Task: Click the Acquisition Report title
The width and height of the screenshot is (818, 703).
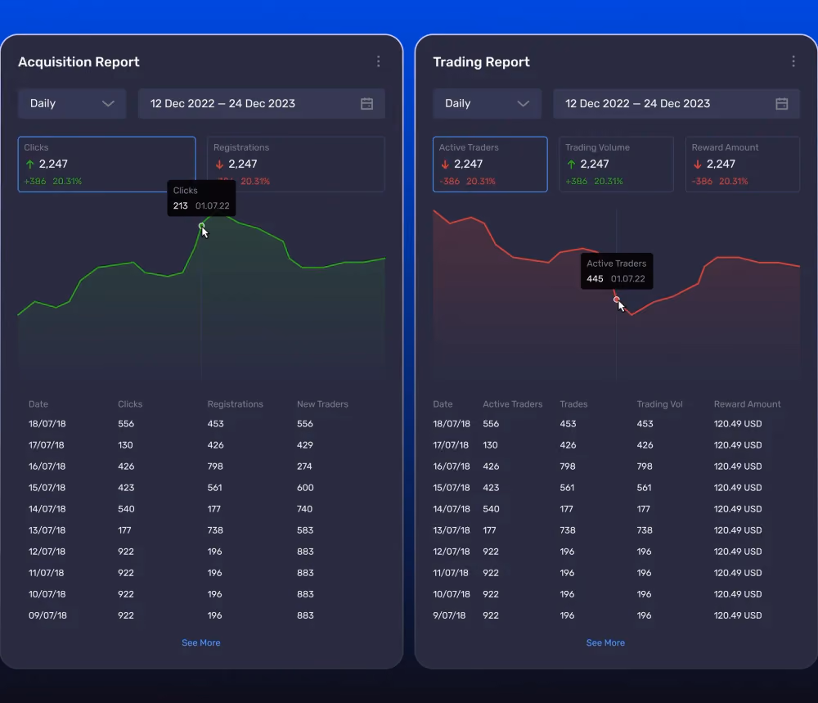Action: click(x=79, y=61)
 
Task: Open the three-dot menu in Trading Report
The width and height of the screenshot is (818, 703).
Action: click(x=793, y=61)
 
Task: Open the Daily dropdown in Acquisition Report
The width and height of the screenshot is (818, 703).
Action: click(x=72, y=103)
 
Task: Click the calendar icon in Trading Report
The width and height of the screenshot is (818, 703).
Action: click(x=781, y=103)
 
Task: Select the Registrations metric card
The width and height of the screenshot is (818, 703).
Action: click(x=296, y=164)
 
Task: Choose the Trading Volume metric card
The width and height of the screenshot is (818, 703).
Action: click(x=616, y=164)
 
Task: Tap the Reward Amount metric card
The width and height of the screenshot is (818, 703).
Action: click(x=743, y=164)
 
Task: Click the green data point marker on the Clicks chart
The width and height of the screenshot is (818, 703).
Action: click(x=201, y=226)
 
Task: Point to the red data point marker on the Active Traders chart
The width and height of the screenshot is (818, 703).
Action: click(x=617, y=299)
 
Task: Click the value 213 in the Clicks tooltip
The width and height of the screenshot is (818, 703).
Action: click(x=181, y=205)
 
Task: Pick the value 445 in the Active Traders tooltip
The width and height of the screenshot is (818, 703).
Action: click(x=595, y=279)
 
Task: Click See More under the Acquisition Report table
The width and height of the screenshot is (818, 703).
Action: click(x=201, y=642)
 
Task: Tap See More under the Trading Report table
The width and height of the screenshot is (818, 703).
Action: click(x=605, y=642)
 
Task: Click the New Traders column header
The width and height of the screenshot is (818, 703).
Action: click(x=322, y=404)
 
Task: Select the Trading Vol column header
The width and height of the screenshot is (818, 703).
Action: click(x=659, y=404)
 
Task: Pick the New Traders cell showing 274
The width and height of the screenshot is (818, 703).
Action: click(x=304, y=466)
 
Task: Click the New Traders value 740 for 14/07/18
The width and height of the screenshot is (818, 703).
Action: click(x=304, y=509)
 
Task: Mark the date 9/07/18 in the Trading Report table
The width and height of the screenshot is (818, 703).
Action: click(x=449, y=615)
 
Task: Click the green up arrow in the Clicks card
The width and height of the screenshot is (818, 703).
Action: click(x=29, y=164)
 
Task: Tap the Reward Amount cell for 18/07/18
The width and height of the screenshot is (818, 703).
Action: click(x=738, y=424)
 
